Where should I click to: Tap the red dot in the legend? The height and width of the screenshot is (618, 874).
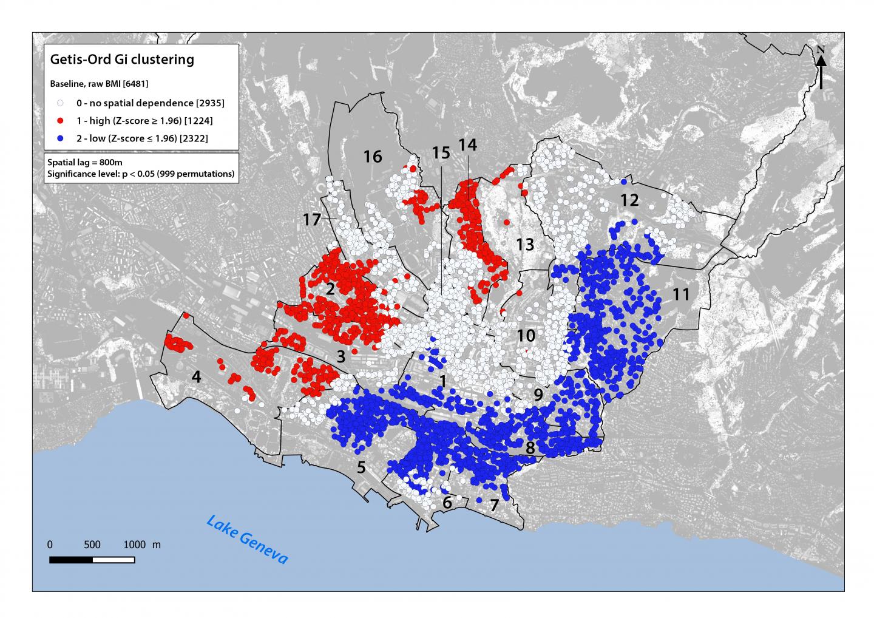click(x=60, y=121)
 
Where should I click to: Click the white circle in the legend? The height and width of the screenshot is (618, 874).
click(x=60, y=103)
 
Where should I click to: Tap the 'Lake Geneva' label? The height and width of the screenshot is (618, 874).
click(x=246, y=540)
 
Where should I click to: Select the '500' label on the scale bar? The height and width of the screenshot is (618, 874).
click(x=92, y=545)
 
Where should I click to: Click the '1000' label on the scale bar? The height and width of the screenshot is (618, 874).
click(x=135, y=545)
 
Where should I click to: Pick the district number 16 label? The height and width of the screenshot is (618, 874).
click(x=373, y=157)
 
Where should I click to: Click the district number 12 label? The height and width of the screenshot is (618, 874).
click(x=629, y=200)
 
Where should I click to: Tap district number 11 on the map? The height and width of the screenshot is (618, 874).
click(x=681, y=294)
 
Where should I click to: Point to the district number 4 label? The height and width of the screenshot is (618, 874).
click(x=195, y=377)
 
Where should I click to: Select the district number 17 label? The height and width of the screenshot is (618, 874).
click(x=311, y=220)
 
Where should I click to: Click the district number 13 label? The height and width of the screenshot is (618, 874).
click(x=525, y=245)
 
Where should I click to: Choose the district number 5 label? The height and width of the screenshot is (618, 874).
click(x=361, y=467)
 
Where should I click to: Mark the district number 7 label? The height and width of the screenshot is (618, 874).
click(x=494, y=504)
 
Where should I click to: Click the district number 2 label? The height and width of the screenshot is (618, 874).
click(x=330, y=289)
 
